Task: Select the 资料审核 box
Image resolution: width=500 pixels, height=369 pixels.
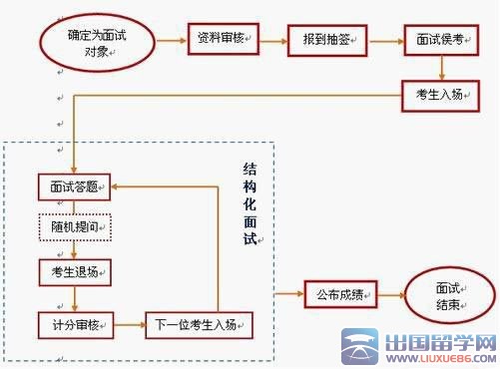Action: tap(221, 40)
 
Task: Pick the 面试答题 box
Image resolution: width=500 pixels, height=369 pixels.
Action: tap(75, 185)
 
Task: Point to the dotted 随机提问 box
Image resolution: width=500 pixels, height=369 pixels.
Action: tap(75, 226)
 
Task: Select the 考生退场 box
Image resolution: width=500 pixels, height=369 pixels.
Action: tap(75, 270)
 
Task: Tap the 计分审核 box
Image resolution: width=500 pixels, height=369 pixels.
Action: tap(75, 323)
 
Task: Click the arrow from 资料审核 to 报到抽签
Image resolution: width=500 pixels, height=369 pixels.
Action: tap(271, 40)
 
